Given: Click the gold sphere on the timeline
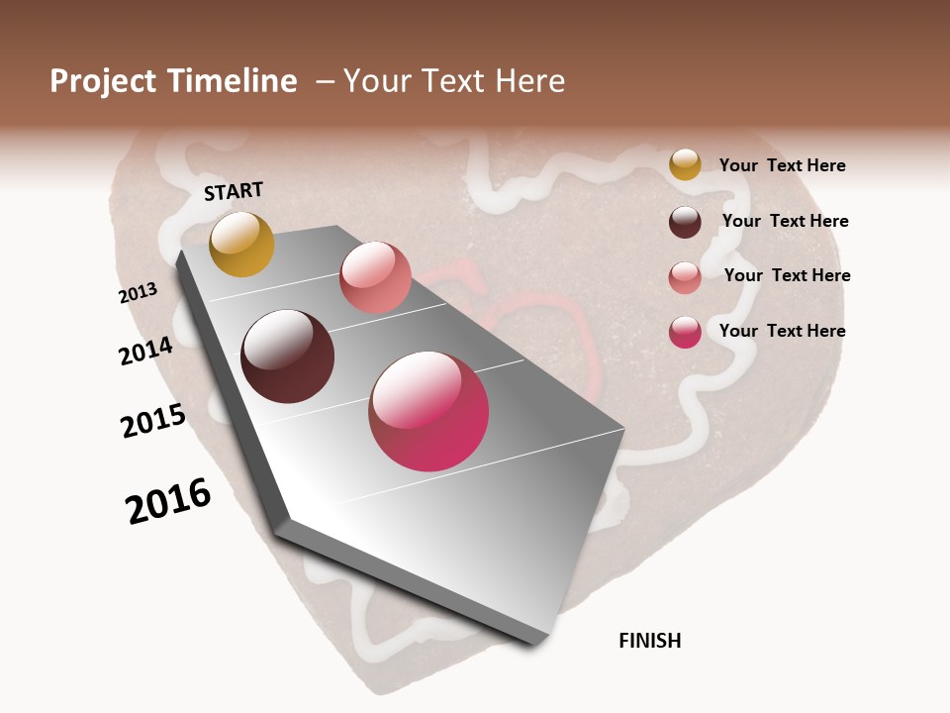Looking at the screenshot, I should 241,244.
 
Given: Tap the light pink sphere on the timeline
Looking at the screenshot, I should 375,277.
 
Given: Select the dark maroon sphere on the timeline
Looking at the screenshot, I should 287,356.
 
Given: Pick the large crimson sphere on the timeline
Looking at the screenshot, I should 428,411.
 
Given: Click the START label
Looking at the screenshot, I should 234,191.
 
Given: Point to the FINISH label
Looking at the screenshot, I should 650,641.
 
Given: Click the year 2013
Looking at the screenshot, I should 139,292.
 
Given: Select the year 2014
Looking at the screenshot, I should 146,351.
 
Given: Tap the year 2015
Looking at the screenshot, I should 153,421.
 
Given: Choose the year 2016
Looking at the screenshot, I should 168,501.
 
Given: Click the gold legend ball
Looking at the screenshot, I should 685,164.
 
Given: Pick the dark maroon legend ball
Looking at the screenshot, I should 685,222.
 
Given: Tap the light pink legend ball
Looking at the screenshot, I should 685,277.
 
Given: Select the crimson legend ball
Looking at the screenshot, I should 685,332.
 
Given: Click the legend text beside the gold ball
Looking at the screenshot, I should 782,165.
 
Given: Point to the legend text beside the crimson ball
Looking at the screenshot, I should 782,331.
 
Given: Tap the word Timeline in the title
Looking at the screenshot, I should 233,81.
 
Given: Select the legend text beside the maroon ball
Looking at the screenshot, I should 785,221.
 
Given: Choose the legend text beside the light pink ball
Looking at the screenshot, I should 787,275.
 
